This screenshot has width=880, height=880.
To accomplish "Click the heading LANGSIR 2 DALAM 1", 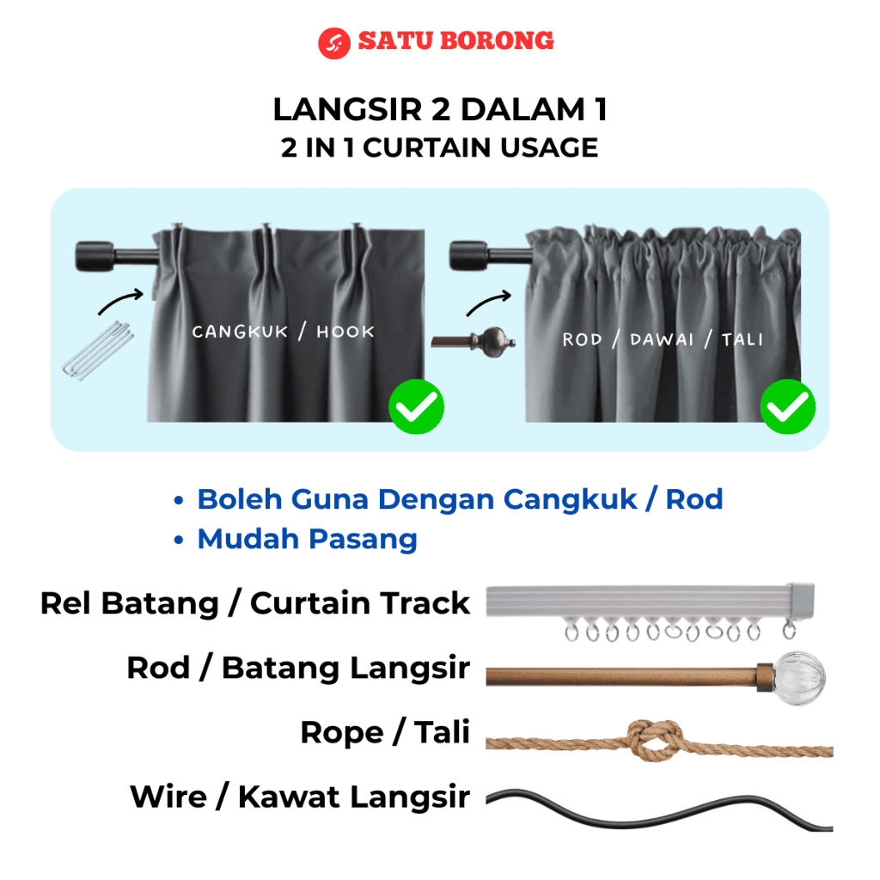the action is pos(440,110).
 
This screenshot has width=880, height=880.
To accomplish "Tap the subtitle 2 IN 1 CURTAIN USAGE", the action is pos(440,148).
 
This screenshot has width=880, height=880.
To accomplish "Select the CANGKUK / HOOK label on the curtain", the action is pos(272,332).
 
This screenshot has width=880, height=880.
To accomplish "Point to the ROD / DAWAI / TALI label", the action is pos(663,339).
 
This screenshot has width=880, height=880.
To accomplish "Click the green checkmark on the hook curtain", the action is pos(416,406).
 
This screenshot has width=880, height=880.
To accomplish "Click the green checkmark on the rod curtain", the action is pos(787,406).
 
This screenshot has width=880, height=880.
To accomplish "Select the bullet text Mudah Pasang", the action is pos(307,540).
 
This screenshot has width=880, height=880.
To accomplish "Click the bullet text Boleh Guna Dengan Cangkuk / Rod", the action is pos(460,499).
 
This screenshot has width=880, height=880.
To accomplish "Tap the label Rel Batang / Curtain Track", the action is pos(255,603).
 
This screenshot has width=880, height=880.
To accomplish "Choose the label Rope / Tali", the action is pos(385,733).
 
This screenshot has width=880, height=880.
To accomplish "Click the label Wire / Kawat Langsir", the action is pos(300,797).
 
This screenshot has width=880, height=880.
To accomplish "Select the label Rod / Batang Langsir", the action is pos(298,668).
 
